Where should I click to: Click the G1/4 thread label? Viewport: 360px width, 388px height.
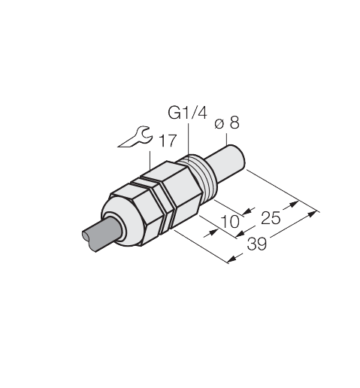tap(188, 113)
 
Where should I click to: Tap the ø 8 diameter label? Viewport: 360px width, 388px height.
tap(227, 123)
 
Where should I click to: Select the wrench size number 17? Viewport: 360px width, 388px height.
tap(168, 141)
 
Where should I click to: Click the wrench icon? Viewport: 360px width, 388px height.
tap(135, 137)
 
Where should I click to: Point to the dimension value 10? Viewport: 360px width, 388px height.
tap(230, 222)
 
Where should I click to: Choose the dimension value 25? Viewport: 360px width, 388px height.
tap(271, 218)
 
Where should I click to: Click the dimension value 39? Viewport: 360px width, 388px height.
tap(257, 244)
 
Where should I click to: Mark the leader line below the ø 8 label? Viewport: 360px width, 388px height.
tap(227, 139)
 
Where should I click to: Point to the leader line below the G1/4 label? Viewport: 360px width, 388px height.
tap(188, 140)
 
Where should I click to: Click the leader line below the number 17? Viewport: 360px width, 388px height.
tap(150, 160)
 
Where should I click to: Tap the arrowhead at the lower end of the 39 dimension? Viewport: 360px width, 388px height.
tap(231, 259)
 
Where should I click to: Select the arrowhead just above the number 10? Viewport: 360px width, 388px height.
tap(247, 211)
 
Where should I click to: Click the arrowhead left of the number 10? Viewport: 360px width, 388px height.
tap(212, 232)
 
